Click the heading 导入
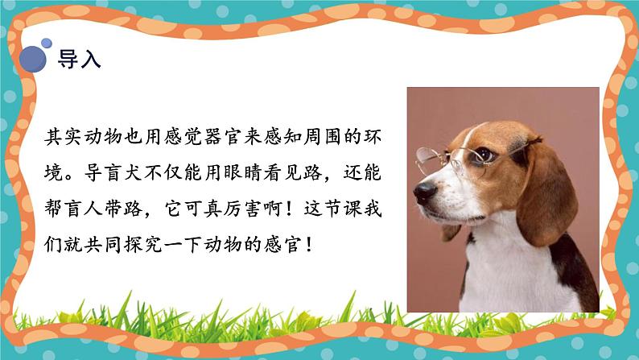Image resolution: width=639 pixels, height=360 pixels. coord(79,61)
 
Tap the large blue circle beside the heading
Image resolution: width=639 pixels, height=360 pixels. coord(34,58)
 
